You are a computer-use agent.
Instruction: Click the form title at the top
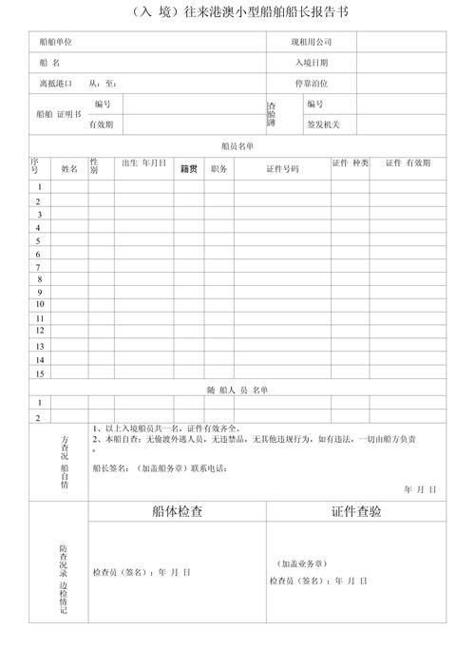[237, 13]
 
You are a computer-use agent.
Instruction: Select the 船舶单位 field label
[56, 43]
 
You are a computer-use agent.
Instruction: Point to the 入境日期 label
[311, 63]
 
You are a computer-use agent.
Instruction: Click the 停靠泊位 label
[311, 84]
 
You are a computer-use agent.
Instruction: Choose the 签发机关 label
[323, 124]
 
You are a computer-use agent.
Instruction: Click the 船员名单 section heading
[237, 146]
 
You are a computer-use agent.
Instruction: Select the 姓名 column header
[69, 168]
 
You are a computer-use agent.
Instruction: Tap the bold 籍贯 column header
[188, 168]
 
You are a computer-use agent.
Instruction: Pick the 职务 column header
[218, 168]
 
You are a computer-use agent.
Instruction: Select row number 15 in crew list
[39, 373]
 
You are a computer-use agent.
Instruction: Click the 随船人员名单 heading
[237, 390]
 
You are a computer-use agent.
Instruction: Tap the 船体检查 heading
[177, 511]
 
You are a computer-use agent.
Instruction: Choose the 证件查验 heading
[356, 511]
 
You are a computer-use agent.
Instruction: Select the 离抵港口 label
[56, 84]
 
